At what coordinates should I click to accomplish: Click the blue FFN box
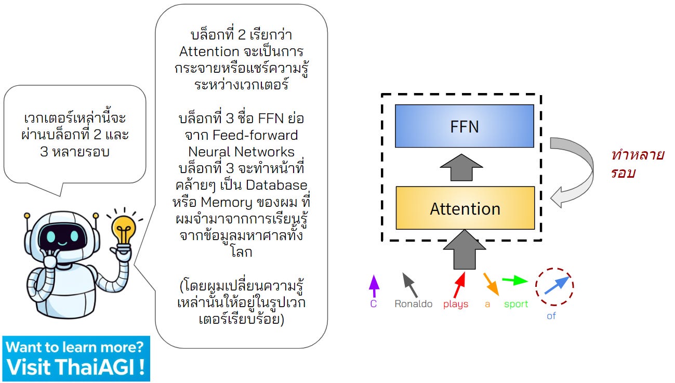click(x=464, y=126)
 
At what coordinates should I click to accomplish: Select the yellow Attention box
click(x=465, y=208)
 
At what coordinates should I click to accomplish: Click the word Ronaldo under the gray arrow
click(x=413, y=304)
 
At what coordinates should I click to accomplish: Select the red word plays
click(x=456, y=304)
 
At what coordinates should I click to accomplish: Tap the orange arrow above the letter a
click(x=491, y=284)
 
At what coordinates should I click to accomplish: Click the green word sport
click(x=516, y=304)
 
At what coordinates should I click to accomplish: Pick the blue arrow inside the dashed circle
click(x=557, y=285)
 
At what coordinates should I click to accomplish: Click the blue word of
click(x=551, y=315)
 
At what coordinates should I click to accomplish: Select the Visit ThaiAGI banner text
click(x=75, y=367)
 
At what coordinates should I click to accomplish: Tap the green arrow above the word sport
click(x=515, y=281)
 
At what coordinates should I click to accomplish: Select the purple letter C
click(x=373, y=304)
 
